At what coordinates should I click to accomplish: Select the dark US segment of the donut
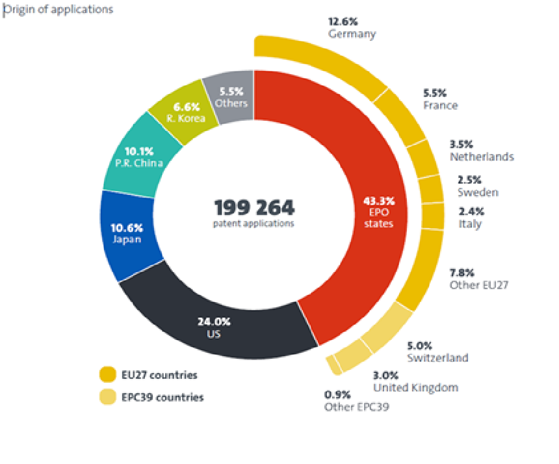click(x=214, y=325)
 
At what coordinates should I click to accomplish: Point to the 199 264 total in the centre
click(x=254, y=208)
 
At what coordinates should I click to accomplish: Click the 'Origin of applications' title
click(x=58, y=9)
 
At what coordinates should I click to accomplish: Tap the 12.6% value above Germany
click(x=343, y=21)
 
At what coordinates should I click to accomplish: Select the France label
click(x=440, y=105)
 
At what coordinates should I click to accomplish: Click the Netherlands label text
click(x=482, y=157)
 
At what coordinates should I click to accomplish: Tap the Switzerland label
click(x=437, y=358)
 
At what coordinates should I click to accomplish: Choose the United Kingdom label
click(x=415, y=387)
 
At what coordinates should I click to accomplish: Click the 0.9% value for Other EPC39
click(x=337, y=394)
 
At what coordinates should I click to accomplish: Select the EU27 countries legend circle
click(x=107, y=375)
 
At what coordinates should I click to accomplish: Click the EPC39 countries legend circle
click(x=107, y=397)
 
